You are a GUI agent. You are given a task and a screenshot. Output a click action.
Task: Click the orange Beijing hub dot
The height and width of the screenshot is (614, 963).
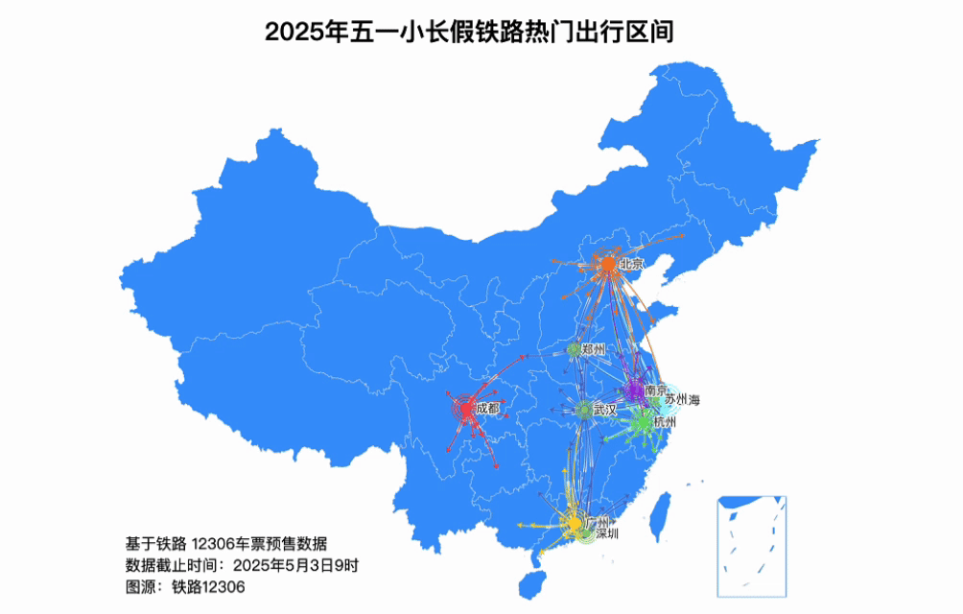[x=607, y=264]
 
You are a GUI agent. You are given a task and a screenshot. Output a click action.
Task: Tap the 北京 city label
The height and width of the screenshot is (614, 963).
[x=630, y=264]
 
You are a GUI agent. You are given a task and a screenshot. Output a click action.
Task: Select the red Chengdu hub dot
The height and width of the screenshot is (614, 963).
[x=466, y=410]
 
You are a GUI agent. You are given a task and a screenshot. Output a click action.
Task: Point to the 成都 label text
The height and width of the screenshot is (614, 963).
[x=487, y=409]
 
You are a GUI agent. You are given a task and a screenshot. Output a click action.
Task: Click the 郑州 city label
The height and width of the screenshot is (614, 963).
[x=594, y=349]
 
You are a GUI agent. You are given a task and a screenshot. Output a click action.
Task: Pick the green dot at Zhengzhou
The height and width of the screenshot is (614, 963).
[x=574, y=349]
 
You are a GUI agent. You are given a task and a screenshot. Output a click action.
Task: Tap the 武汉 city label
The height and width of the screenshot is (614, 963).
[x=604, y=410]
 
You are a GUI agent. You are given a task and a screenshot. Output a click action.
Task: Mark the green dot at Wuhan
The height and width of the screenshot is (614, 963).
[x=583, y=410]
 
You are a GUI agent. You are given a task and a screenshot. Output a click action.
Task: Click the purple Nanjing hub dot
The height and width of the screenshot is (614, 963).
[x=634, y=390]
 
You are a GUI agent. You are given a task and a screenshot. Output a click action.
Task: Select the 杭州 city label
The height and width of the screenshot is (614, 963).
[x=665, y=422]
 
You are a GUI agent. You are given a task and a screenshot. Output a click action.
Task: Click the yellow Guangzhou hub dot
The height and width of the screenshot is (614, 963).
[x=575, y=524]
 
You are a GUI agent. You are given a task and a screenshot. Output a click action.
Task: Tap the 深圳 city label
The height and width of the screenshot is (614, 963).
[x=607, y=533]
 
